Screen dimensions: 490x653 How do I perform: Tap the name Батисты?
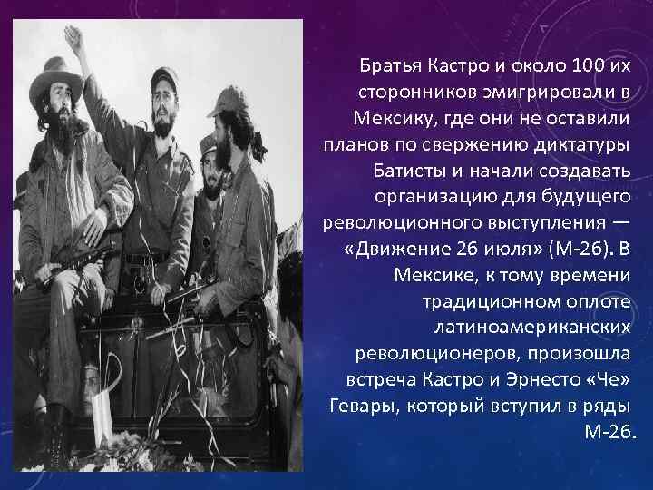pyautogui.click(x=409, y=171)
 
